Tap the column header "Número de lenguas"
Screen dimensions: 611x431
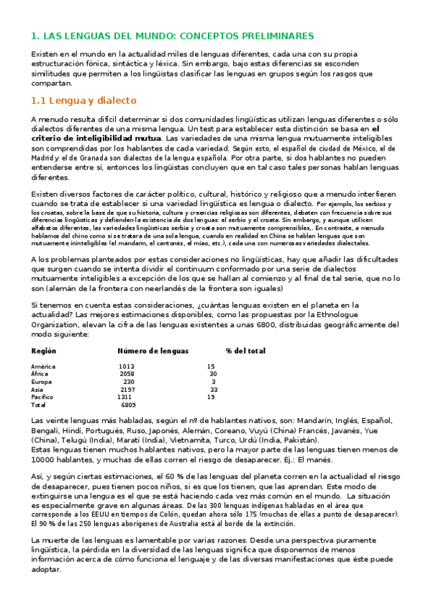153,351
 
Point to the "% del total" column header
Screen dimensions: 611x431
245,351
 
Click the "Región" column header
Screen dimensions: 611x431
44,351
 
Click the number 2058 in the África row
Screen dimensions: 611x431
127,374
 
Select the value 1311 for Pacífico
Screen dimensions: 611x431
124,397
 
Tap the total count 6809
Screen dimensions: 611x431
128,405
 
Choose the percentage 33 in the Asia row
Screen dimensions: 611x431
214,389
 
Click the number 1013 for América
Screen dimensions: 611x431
127,367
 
